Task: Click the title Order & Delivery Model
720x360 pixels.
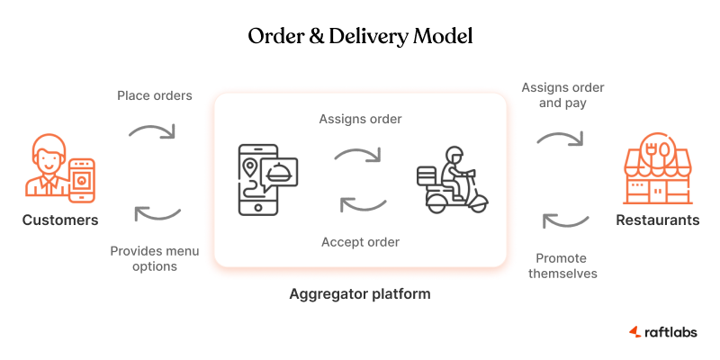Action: pos(360,37)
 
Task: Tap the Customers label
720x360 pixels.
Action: pos(60,220)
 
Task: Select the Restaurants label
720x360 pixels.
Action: pos(657,220)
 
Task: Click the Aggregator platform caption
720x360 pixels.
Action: pos(360,293)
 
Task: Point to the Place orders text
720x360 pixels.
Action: pos(155,95)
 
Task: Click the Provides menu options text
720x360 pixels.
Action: pos(155,258)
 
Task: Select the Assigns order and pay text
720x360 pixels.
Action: pos(562,95)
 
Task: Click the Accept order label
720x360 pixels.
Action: pos(360,241)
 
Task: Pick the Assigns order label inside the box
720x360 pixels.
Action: pos(360,119)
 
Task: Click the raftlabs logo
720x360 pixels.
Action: pos(662,332)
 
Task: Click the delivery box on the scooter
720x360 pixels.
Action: pos(426,174)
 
